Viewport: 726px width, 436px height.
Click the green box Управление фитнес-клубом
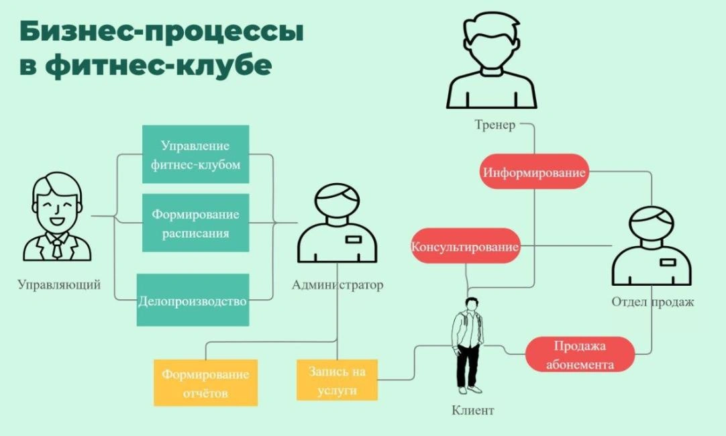195,154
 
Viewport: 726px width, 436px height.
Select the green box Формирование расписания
195,223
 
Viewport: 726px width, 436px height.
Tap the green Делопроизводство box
193,301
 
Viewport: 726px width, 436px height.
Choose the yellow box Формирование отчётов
205,383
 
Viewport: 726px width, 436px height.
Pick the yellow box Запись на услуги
337,380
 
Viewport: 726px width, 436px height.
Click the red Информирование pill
534,172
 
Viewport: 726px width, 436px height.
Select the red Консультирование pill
465,246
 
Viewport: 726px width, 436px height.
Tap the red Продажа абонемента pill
580,355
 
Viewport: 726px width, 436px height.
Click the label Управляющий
59,284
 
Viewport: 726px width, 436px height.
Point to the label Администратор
338,284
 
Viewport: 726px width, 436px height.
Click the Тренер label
495,125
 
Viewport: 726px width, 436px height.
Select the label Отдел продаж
652,302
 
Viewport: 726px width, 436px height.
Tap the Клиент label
473,410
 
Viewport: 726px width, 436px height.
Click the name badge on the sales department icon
668,262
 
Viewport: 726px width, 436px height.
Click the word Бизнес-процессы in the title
161,32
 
